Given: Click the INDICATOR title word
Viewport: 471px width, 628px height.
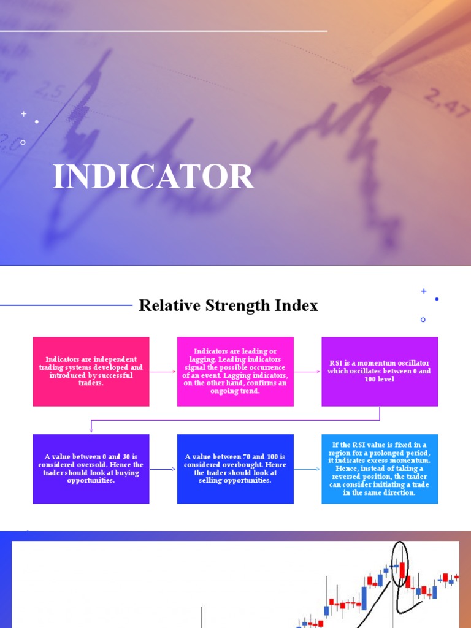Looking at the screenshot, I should point(153,177).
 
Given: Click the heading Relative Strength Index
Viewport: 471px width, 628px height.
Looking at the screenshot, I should point(228,305).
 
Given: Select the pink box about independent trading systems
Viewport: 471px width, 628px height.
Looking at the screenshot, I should point(91,371).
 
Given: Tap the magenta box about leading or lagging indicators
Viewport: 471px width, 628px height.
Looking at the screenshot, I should point(235,371).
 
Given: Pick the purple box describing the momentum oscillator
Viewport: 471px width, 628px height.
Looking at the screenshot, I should point(380,371).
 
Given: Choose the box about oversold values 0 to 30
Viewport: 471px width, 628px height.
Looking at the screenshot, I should point(91,469).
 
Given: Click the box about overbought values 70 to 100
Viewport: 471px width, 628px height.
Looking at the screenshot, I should point(235,469).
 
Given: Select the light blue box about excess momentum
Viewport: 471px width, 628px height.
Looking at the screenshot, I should point(380,469).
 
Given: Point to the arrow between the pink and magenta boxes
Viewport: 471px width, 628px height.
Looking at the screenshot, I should point(163,372).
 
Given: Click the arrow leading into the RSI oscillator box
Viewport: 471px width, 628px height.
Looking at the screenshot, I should point(307,372).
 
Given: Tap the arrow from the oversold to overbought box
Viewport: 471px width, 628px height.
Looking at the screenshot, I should point(163,470).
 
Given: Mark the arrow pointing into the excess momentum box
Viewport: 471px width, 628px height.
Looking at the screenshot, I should point(307,470).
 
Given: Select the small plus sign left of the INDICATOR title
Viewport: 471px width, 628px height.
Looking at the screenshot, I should point(24,114).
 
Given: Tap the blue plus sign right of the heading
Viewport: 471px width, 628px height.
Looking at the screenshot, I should point(423,291).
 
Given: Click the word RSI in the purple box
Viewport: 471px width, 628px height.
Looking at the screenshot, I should point(335,363).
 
